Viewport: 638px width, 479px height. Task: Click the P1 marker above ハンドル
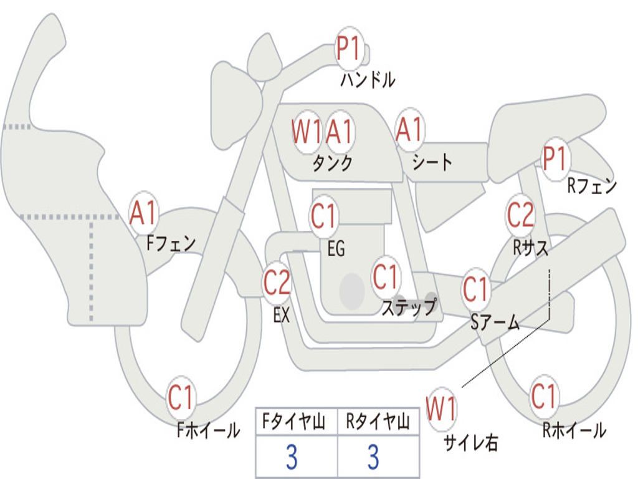348,48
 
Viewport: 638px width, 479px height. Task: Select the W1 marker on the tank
307,132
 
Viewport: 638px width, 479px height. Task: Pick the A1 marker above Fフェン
143,213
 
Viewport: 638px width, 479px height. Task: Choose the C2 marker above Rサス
520,215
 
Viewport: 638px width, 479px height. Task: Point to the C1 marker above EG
324,216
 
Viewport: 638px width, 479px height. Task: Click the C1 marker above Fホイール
180,397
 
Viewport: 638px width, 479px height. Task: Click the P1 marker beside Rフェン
555,158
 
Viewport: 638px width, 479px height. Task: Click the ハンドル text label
368,80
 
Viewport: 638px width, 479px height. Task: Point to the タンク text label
333,163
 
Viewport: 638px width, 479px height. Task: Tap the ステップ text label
409,307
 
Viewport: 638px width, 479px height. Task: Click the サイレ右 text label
471,443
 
